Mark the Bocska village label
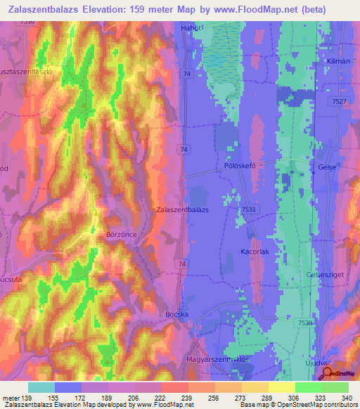(179, 314)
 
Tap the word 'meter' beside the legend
(11, 396)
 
